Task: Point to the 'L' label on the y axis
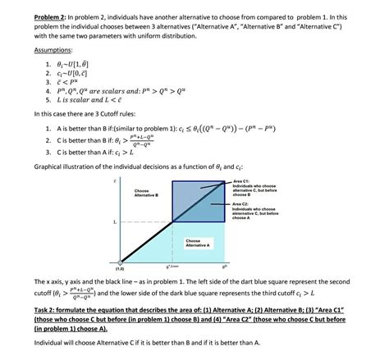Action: click(x=114, y=221)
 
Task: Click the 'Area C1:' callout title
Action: click(x=246, y=181)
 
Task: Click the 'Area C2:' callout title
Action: click(x=246, y=203)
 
